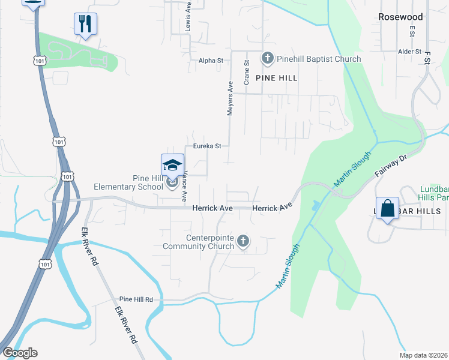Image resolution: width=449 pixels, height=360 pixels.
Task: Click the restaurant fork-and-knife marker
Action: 85,24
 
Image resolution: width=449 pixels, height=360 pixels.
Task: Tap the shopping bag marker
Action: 387,208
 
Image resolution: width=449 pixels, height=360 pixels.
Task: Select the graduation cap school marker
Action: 172,166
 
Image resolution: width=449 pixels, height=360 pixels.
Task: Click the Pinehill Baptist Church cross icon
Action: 267,59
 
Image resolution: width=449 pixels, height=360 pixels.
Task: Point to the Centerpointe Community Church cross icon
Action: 243,241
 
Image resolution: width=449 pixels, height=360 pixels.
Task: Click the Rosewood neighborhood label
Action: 400,17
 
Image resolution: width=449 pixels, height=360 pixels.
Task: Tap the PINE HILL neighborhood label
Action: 276,78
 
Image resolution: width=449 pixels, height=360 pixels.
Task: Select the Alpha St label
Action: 211,61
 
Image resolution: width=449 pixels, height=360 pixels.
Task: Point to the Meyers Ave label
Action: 230,100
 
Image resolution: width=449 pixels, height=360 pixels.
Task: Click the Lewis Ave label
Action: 188,16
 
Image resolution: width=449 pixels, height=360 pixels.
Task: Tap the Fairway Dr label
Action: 391,166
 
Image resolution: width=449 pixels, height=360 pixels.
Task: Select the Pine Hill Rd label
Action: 136,299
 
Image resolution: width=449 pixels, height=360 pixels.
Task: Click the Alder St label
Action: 409,52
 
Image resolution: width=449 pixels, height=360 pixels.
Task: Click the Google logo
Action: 20,353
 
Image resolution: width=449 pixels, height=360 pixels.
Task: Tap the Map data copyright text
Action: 423,355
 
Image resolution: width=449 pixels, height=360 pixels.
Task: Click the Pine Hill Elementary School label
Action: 148,182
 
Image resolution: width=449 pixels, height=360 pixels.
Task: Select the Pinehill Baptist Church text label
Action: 319,59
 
